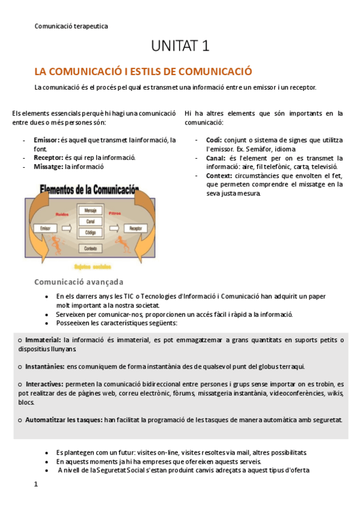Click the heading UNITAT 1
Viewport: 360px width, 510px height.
(x=180, y=46)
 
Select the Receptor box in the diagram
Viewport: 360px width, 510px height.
(x=135, y=229)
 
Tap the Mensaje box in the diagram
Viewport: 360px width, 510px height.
(x=91, y=211)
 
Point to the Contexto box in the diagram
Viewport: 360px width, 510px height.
(x=91, y=248)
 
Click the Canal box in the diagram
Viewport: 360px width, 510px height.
(x=91, y=221)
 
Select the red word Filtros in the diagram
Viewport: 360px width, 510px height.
(x=115, y=213)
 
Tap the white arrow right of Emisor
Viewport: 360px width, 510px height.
(x=66, y=229)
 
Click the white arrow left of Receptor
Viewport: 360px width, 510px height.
(x=115, y=229)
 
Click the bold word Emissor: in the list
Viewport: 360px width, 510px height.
(x=46, y=140)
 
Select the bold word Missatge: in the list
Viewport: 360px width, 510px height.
(x=49, y=167)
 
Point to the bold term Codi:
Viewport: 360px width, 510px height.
(x=214, y=140)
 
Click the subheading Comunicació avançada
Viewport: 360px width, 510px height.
(x=79, y=281)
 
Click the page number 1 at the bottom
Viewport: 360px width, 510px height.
(x=36, y=484)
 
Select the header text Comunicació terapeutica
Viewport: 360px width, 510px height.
(x=72, y=26)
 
